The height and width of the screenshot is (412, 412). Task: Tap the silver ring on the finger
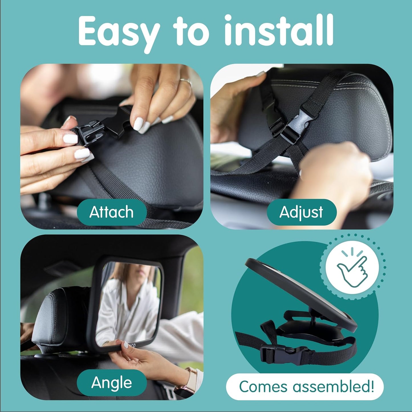coord(186,82)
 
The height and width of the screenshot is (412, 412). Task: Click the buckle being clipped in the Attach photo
coord(100,126)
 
